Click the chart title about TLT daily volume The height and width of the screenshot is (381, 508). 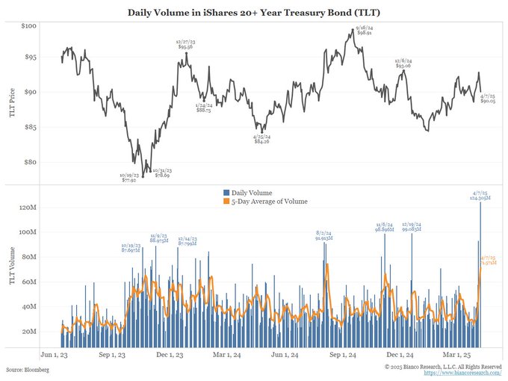tap(254, 12)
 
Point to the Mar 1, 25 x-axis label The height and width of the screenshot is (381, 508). tap(459, 356)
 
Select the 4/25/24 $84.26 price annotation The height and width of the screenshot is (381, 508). tap(261, 139)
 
